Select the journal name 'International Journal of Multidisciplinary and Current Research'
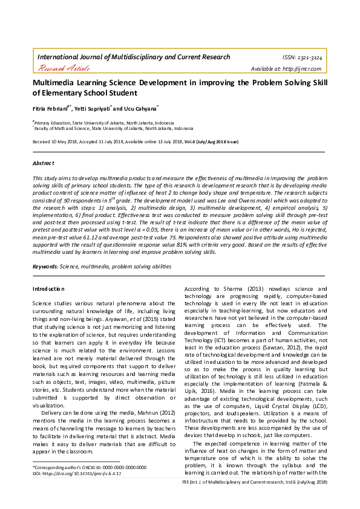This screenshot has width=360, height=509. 134,57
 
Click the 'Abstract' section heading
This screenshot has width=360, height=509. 44,163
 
